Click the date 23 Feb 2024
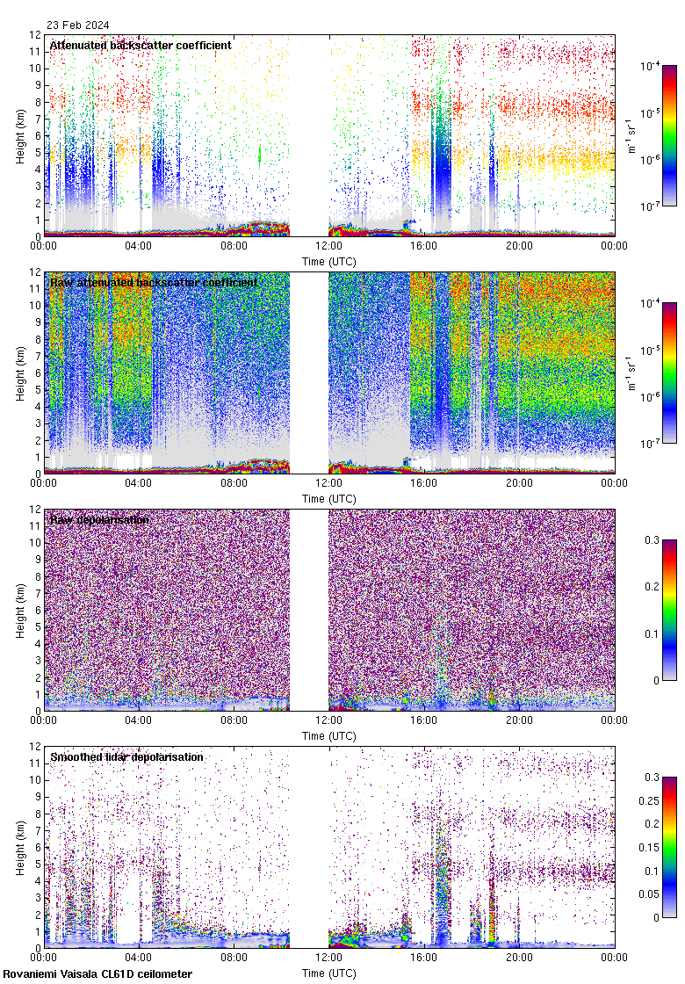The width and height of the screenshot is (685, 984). (73, 25)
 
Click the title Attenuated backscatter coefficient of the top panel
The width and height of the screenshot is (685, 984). (141, 45)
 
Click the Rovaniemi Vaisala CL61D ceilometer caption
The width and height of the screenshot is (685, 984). (97, 973)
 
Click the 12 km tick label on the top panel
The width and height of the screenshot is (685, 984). (34, 35)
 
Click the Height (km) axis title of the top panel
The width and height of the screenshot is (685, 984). (20, 136)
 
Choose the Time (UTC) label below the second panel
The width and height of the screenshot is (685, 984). (329, 498)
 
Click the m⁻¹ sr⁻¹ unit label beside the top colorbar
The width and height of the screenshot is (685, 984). (629, 135)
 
